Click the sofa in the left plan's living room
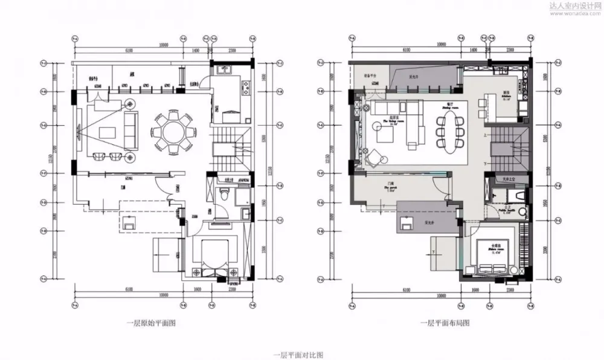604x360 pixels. click(x=129, y=125)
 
